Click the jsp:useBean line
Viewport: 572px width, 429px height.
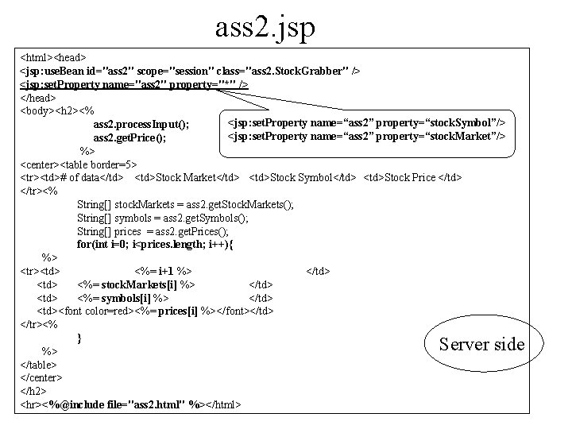[190, 71]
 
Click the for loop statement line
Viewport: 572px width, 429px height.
[157, 244]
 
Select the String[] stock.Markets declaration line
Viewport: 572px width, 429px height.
[185, 204]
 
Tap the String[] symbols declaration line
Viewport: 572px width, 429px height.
[163, 218]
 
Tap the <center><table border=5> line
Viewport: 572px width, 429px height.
[78, 164]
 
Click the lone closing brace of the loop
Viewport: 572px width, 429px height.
[80, 338]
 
